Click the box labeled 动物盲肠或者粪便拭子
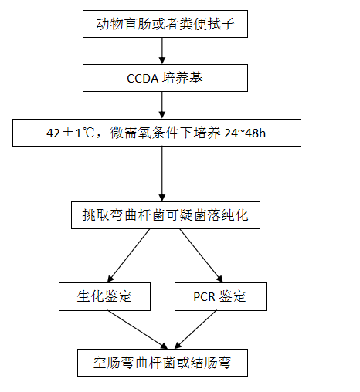[x=165, y=24]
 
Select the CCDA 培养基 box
[x=165, y=78]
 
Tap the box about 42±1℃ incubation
[x=157, y=133]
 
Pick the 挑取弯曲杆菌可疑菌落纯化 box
[x=165, y=215]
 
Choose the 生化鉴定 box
[x=104, y=296]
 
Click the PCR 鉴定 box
[x=220, y=296]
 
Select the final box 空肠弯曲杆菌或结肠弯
[x=162, y=363]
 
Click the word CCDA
[x=143, y=79]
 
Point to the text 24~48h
[x=245, y=133]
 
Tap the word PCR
[x=204, y=297]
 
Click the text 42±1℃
[x=70, y=133]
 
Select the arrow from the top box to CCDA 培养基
[x=162, y=51]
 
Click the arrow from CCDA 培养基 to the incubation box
[x=162, y=105]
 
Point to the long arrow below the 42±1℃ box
[x=162, y=174]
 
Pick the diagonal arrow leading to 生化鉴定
[x=128, y=255]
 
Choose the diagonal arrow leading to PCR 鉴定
[x=202, y=255]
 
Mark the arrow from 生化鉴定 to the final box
[x=138, y=329]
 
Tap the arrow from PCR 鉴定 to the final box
[x=195, y=329]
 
